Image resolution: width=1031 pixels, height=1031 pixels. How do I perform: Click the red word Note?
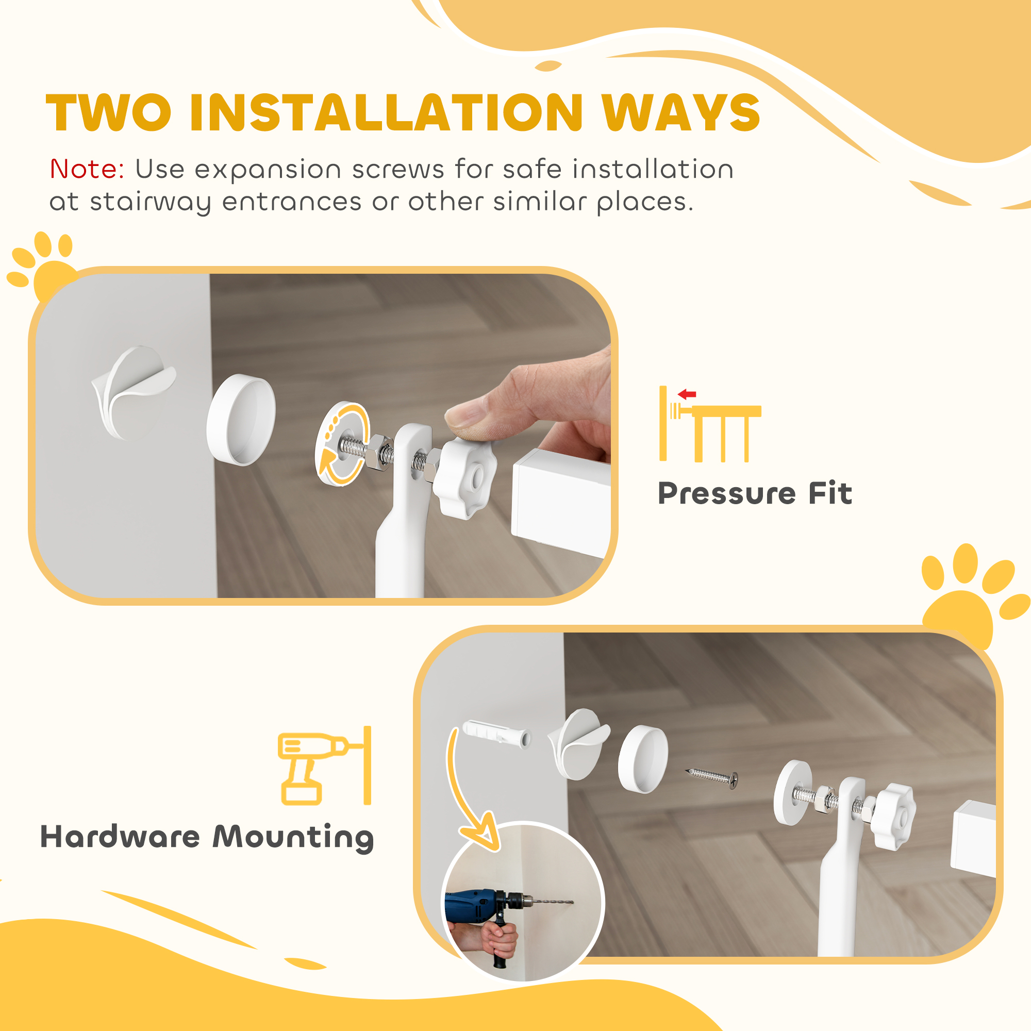tap(87, 169)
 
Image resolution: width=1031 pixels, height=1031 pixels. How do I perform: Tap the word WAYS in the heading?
tap(680, 113)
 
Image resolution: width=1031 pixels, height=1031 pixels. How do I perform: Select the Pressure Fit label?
tap(755, 493)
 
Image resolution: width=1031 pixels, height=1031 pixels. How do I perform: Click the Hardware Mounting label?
tap(207, 837)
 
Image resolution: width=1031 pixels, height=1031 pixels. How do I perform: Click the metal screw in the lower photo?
tap(712, 777)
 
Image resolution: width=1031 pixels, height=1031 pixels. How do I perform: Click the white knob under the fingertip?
tap(463, 478)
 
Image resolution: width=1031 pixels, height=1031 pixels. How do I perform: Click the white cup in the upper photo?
tap(241, 420)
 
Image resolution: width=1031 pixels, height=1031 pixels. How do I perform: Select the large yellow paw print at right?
tap(969, 597)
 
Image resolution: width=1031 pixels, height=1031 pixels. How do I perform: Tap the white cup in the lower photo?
tap(642, 759)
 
